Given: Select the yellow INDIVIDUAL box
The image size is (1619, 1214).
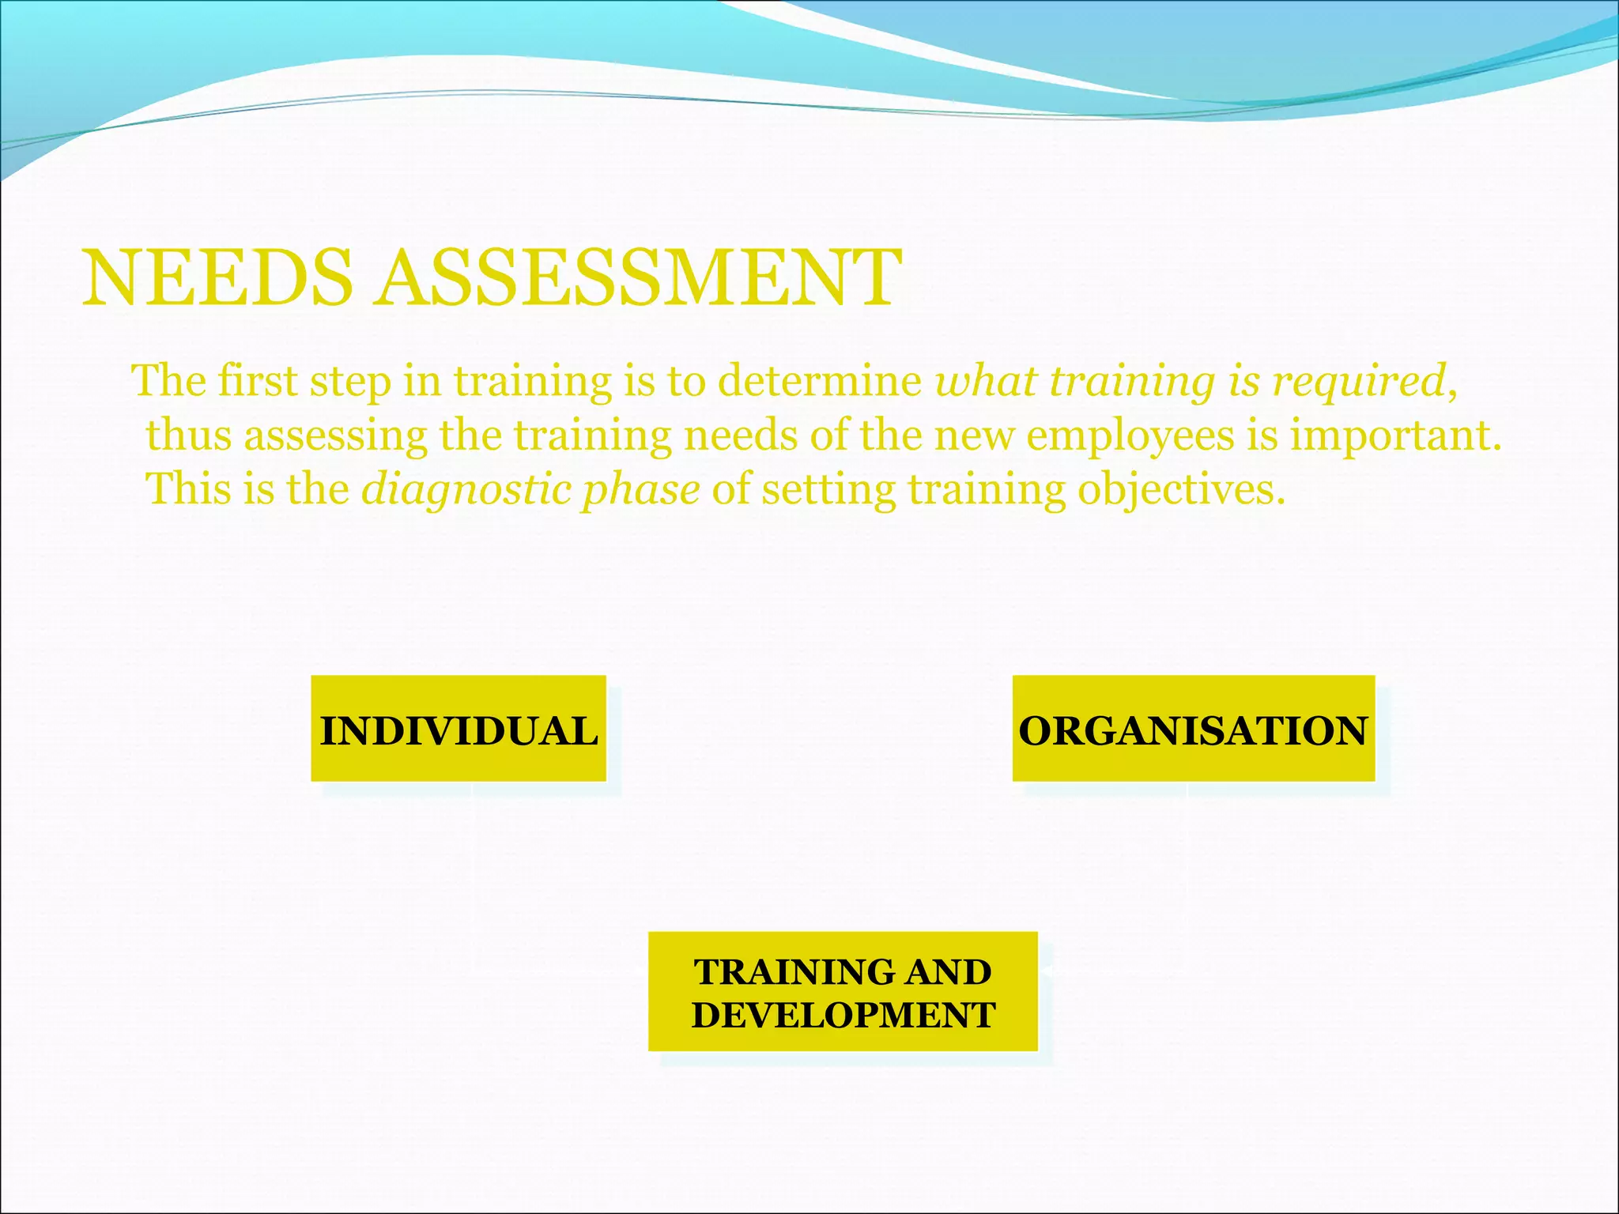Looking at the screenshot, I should [459, 729].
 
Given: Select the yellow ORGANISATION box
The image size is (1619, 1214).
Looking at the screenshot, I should [1194, 729].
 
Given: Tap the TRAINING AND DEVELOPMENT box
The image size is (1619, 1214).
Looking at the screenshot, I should [843, 991].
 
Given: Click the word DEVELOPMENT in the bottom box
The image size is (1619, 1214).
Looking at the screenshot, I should [843, 1015].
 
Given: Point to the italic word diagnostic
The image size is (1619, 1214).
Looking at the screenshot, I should [464, 489].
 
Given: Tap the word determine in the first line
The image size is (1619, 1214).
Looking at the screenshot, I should [820, 381].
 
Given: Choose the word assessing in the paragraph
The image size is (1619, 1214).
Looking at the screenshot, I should [335, 436].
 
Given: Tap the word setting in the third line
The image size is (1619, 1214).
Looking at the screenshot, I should [828, 489].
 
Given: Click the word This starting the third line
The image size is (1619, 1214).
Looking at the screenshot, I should [188, 489].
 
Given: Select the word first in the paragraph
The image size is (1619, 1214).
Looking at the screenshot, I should [256, 381].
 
